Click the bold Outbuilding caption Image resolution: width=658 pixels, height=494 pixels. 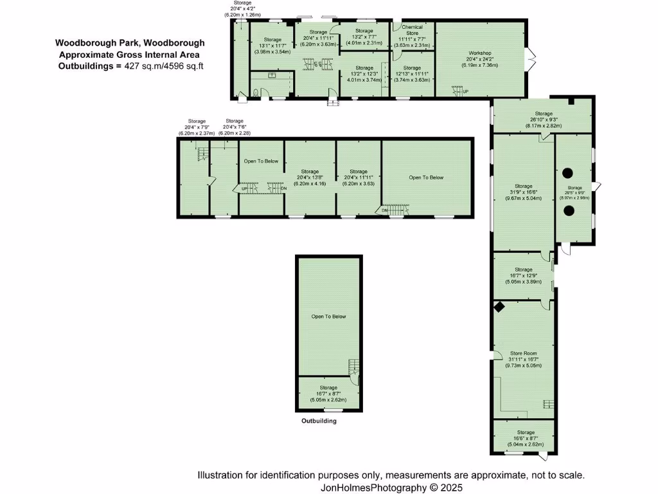[319, 421]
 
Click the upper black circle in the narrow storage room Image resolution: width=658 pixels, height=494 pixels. [568, 172]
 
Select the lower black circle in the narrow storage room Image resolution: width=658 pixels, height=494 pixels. [568, 215]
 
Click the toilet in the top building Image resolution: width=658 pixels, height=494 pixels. [256, 93]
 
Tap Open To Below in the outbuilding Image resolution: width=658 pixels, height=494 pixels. [328, 316]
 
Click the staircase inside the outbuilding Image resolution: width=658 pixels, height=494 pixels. [353, 366]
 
